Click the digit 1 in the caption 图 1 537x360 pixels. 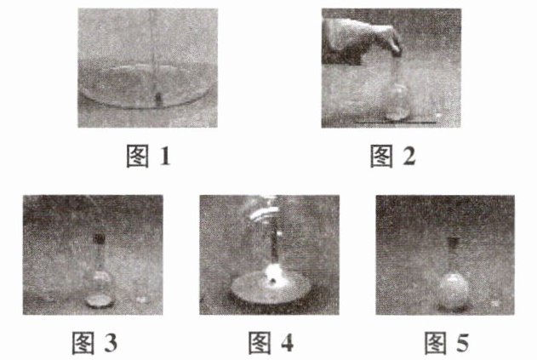pos(165,157)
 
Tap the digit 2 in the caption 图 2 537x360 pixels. pos(408,157)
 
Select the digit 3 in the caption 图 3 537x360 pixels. pos(111,343)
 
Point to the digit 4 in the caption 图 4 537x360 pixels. pos(287,343)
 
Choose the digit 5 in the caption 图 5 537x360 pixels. pos(463,343)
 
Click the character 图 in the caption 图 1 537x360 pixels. pos(138,157)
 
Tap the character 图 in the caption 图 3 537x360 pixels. pos(83,343)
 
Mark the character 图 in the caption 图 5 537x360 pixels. pos(436,343)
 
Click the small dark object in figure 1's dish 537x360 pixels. pos(158,99)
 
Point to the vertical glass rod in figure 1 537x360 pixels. pos(153,54)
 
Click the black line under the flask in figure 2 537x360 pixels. pos(396,122)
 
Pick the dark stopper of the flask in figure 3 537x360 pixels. pos(100,239)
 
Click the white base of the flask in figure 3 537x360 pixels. pos(100,300)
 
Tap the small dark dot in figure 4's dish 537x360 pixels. pos(273,281)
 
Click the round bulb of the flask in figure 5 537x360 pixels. pos(454,290)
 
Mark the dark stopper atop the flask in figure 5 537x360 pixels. pos(453,243)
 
